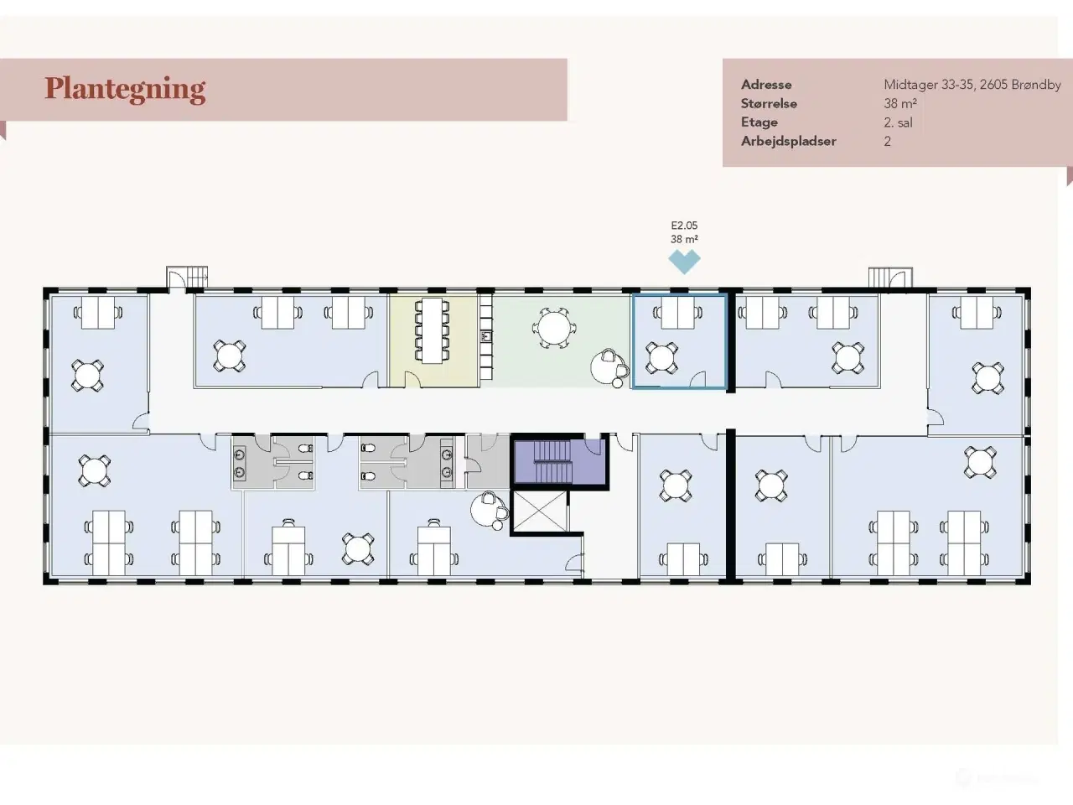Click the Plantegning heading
point(125,90)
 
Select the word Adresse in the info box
point(766,85)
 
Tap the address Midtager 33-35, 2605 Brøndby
point(972,85)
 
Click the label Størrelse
point(769,104)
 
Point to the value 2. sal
point(898,122)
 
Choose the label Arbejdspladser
point(789,141)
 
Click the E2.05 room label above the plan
point(684,226)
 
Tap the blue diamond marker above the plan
point(684,262)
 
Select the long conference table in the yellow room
point(432,331)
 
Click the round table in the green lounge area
point(554,328)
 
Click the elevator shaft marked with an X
point(540,512)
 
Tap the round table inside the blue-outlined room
point(662,358)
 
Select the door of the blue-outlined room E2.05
point(698,379)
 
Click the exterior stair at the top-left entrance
point(187,278)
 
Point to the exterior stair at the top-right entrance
point(890,278)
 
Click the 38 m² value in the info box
point(900,104)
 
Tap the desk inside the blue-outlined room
point(678,313)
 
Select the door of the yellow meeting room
point(412,380)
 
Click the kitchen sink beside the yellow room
point(486,336)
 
